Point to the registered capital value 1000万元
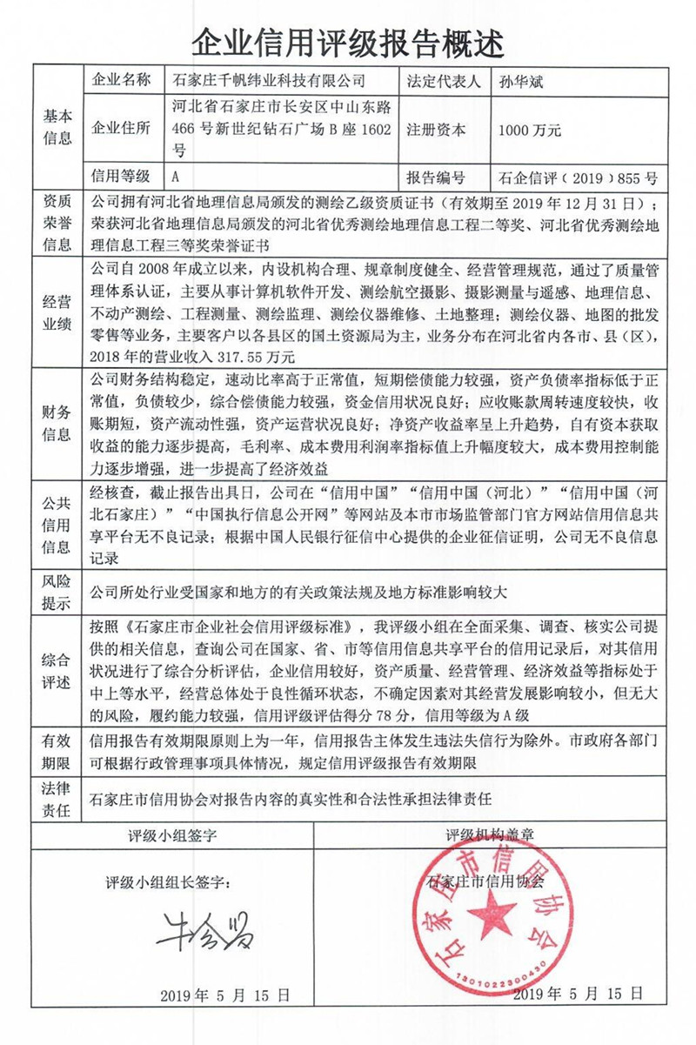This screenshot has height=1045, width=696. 530,130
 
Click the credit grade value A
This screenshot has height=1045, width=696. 177,176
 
